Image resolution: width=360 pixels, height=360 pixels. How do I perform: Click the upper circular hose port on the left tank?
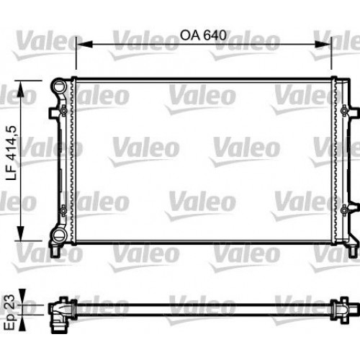(x=59, y=88)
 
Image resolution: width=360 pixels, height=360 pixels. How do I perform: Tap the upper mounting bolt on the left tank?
(x=64, y=111)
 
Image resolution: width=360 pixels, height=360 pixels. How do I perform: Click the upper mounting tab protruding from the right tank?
(x=353, y=111)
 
